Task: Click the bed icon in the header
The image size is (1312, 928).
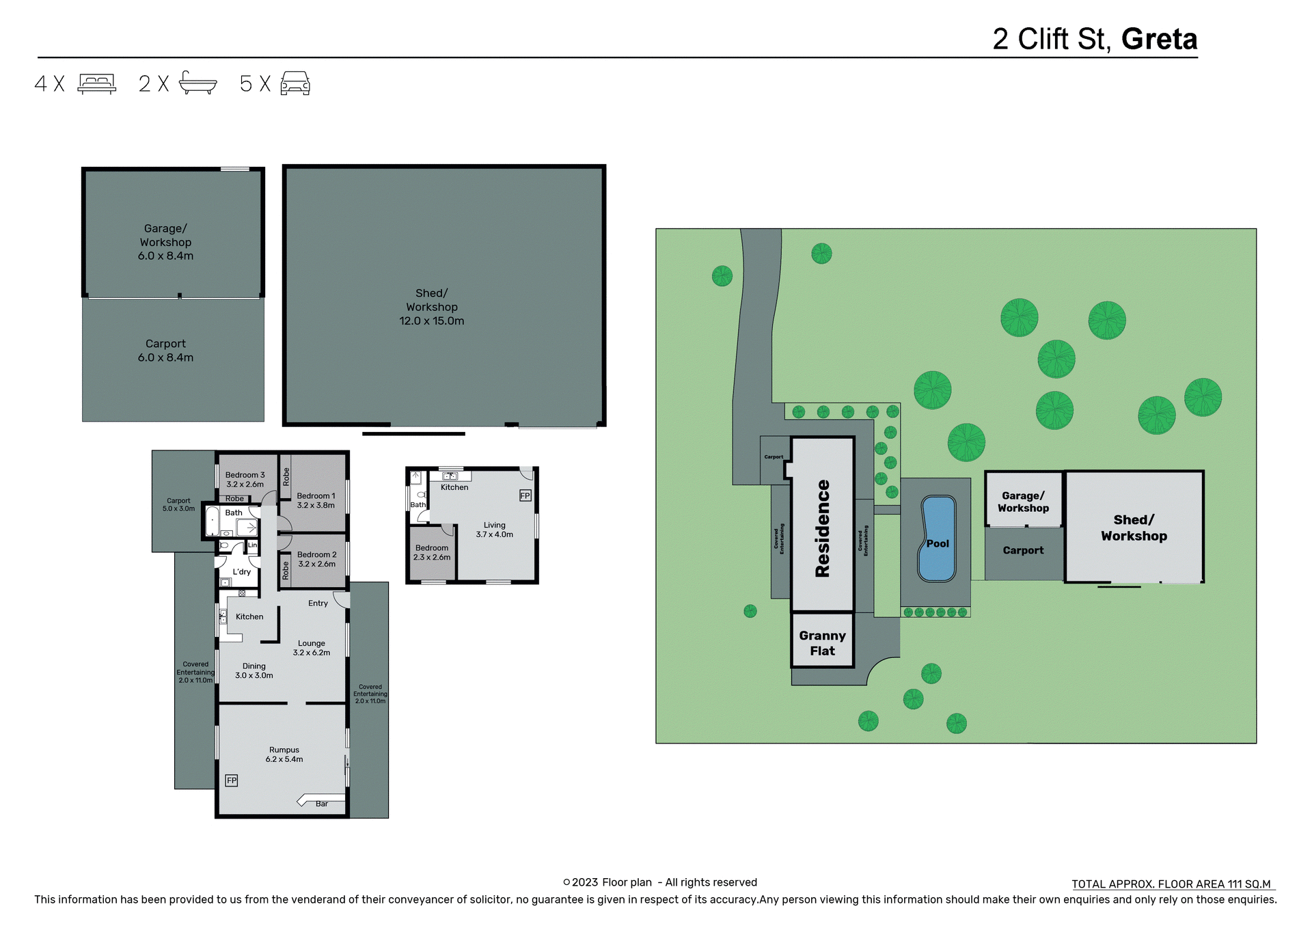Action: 96,83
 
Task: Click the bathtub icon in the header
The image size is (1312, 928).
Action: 197,83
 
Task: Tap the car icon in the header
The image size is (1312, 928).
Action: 295,83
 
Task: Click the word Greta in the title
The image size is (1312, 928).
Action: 1159,39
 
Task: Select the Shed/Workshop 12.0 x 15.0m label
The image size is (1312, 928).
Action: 432,307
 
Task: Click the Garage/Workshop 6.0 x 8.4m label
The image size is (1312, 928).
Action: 165,242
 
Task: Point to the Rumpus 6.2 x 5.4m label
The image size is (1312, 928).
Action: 284,754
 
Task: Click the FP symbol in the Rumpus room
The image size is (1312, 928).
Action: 232,780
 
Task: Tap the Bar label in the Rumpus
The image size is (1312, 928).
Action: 322,804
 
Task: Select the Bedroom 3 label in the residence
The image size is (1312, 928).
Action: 245,479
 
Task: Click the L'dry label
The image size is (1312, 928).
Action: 241,572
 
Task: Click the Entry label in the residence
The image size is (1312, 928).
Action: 318,603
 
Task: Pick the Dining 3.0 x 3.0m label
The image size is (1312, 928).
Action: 254,670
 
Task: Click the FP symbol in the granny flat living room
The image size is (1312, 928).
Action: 525,495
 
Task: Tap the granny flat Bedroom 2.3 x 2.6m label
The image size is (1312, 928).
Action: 432,552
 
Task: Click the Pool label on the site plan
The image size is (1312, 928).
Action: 938,544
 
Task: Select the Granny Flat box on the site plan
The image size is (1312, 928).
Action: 823,643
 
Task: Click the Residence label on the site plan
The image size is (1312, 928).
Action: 823,528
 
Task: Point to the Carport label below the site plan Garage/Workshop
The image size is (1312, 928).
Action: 1023,550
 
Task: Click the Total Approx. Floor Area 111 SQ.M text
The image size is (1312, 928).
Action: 1171,884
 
